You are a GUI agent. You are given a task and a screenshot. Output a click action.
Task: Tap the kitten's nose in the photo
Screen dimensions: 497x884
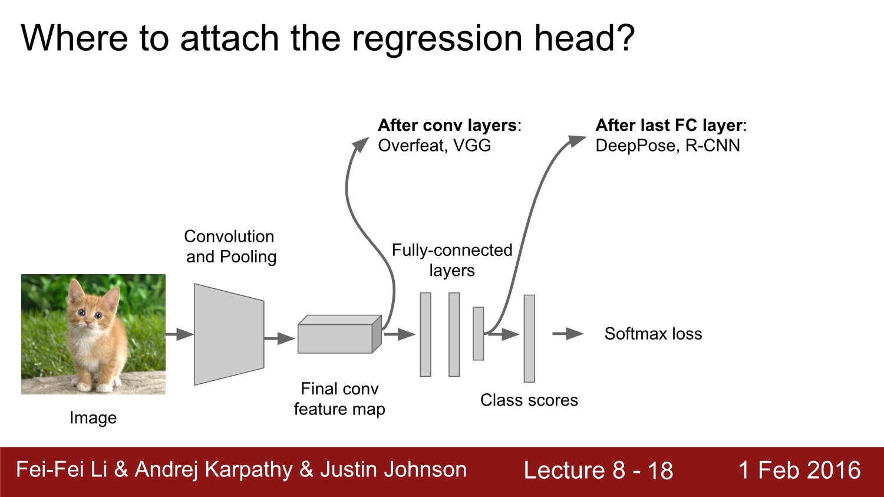(x=89, y=322)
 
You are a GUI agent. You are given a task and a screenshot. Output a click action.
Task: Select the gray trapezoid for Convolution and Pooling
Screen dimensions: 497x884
(x=229, y=334)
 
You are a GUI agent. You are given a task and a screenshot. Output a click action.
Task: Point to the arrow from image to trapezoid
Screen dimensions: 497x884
(x=179, y=334)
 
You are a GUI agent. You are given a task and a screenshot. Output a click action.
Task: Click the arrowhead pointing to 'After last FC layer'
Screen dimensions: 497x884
(x=576, y=140)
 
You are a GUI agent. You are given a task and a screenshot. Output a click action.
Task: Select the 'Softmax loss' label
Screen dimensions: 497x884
(x=653, y=334)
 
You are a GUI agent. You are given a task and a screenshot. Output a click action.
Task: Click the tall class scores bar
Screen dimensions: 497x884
(x=529, y=338)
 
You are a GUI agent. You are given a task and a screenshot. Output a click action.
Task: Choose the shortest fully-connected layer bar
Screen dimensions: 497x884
(x=478, y=333)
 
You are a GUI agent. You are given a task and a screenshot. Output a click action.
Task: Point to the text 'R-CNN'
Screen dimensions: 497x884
(x=713, y=146)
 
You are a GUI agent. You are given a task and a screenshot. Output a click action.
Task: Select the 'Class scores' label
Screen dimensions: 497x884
(x=529, y=400)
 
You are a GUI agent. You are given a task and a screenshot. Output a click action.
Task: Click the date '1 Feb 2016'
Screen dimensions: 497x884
(x=799, y=470)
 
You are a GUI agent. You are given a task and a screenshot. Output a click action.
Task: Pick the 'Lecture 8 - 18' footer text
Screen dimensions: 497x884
(x=598, y=470)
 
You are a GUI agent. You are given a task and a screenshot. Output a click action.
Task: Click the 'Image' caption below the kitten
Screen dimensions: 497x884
(x=93, y=417)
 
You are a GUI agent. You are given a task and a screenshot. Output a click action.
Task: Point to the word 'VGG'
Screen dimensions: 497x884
(x=472, y=146)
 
